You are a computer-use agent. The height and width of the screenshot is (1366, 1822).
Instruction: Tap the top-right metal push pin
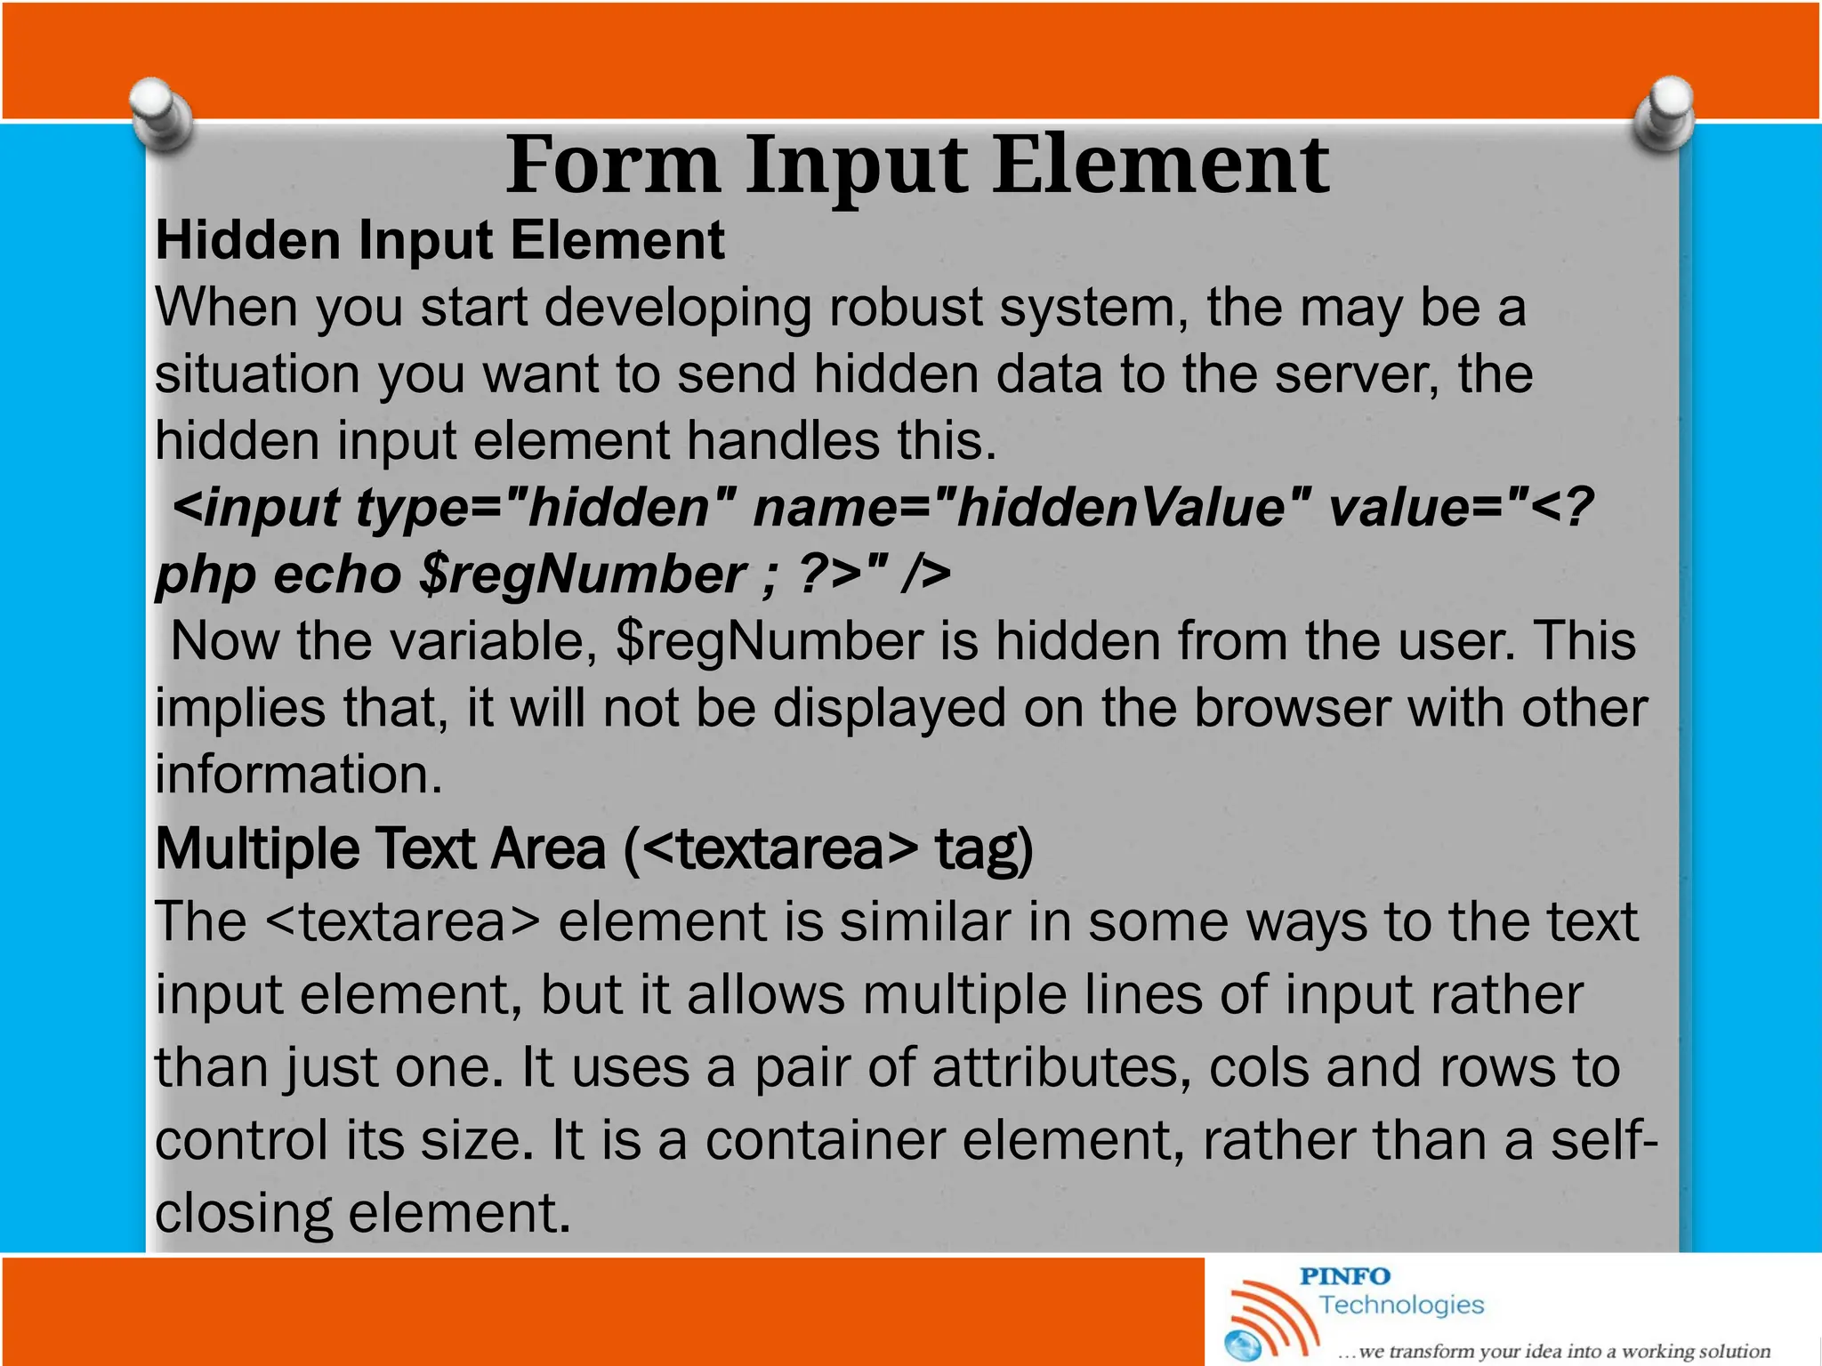[1665, 113]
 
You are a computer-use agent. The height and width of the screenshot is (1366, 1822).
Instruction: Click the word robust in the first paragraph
[904, 307]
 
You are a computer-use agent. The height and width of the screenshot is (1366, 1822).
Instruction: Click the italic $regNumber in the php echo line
[582, 575]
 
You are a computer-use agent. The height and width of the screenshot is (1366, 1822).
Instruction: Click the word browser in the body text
[1291, 708]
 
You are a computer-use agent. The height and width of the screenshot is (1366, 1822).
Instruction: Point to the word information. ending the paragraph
[298, 774]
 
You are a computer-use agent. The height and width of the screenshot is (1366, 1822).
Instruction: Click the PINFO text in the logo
[1344, 1276]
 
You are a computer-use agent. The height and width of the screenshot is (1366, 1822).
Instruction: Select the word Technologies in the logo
[1401, 1305]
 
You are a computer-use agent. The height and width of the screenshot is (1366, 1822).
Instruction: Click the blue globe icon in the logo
[1243, 1346]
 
